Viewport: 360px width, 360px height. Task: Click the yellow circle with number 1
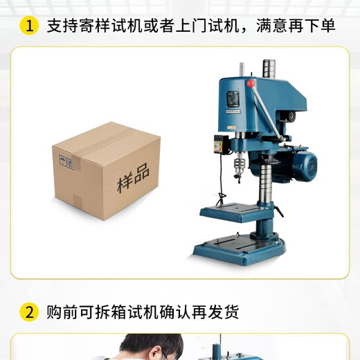tap(28, 26)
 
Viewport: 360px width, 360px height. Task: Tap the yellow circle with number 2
tap(28, 312)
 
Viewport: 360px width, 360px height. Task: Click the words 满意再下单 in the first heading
tap(302, 26)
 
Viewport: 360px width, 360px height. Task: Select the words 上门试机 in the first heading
tap(212, 26)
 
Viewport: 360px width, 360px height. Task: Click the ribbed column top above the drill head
tap(269, 69)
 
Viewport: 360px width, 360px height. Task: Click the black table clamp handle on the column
tap(278, 211)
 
